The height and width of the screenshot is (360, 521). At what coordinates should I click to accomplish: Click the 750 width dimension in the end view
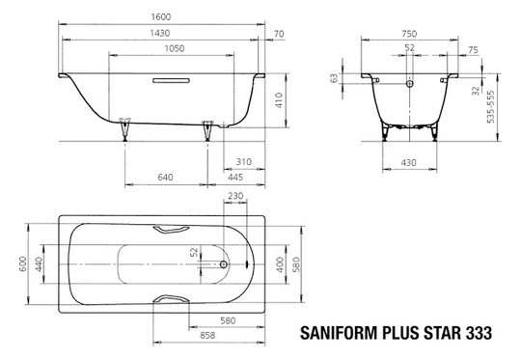(x=411, y=32)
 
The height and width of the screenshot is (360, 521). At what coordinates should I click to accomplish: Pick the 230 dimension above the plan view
(x=234, y=194)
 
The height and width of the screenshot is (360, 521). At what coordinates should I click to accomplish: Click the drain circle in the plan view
(x=225, y=262)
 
